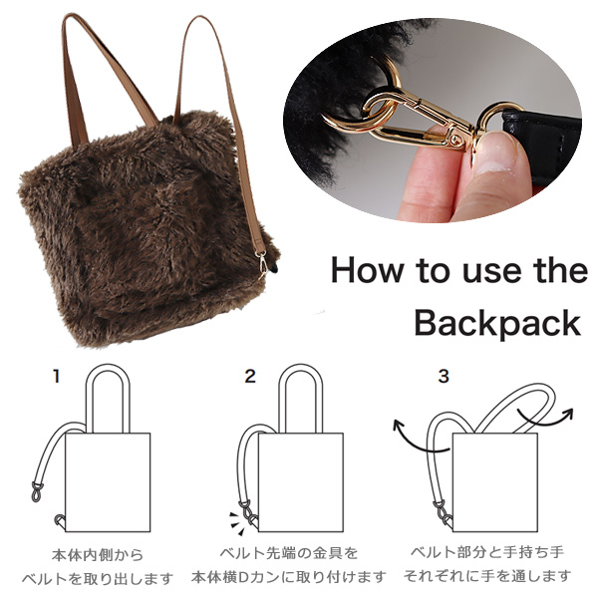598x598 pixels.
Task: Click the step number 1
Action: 57,377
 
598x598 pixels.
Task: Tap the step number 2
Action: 250,376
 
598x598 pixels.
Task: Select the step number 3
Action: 444,376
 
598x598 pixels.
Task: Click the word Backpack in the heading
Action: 497,323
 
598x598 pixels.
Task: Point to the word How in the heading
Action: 367,269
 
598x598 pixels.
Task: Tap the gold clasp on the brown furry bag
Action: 263,263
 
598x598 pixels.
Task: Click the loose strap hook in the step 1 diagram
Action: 37,491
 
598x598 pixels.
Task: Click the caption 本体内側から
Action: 98,555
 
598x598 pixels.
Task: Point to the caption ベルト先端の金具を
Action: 289,552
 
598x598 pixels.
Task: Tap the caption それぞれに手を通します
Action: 487,576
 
